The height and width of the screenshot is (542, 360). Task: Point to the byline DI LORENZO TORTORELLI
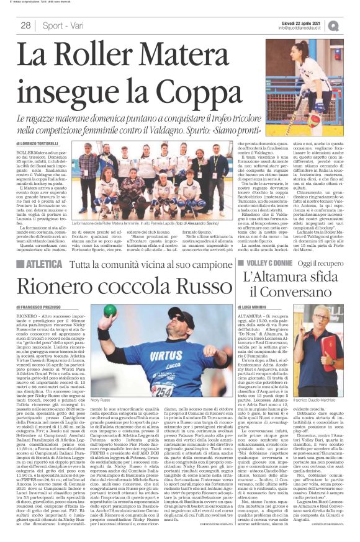pos(40,143)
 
